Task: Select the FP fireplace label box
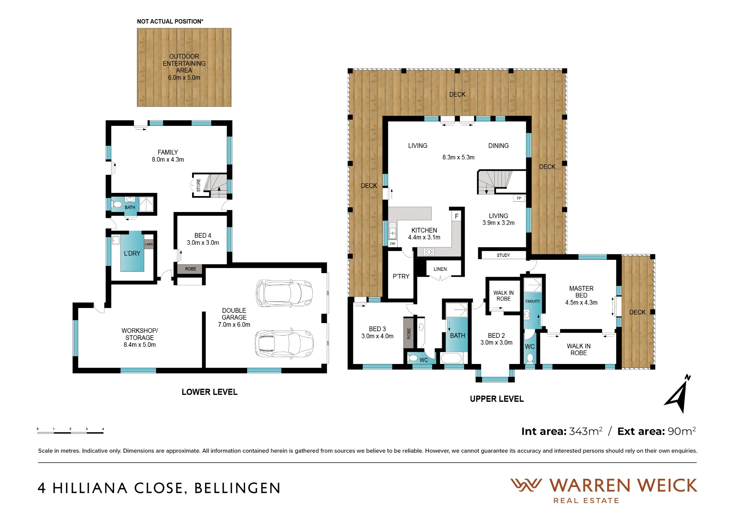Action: point(519,198)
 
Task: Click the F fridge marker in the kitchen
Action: point(456,216)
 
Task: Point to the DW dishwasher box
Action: point(393,244)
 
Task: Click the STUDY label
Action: point(503,255)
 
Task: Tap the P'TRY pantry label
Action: point(401,276)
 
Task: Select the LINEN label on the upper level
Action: point(440,269)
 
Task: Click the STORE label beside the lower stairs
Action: point(199,185)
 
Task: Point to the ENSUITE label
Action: point(532,301)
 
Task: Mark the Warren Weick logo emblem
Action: point(526,485)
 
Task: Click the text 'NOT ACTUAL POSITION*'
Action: point(170,21)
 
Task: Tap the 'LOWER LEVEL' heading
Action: point(210,392)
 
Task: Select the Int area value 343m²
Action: point(586,431)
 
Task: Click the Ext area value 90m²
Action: point(682,431)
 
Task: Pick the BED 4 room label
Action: point(203,236)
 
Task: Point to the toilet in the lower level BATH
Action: point(117,204)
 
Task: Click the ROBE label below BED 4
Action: point(191,269)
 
